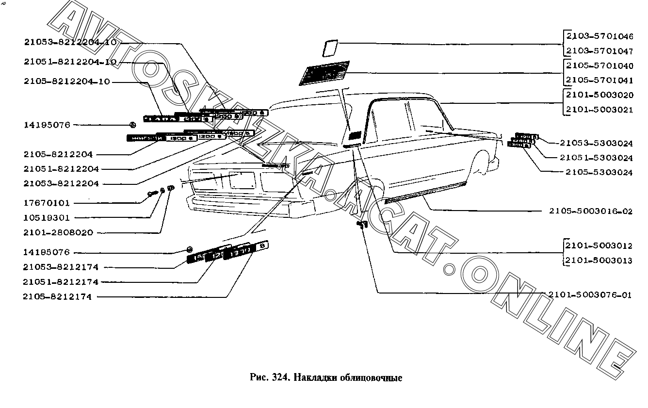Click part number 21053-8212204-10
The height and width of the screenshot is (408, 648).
(x=70, y=42)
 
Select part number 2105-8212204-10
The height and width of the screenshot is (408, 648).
(x=66, y=82)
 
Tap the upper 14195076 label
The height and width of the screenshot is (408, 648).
(x=47, y=125)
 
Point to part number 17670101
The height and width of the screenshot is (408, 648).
(x=47, y=203)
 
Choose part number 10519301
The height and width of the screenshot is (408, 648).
(x=47, y=218)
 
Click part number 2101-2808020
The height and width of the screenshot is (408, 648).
(x=57, y=233)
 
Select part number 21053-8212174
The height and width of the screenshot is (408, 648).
(x=60, y=267)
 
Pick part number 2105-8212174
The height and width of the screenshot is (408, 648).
(x=57, y=297)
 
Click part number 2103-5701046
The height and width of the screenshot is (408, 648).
(x=599, y=36)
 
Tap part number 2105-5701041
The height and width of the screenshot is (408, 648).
(x=599, y=81)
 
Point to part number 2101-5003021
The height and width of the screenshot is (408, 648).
(x=599, y=110)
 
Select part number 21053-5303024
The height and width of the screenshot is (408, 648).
(x=596, y=144)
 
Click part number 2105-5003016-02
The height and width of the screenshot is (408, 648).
(x=591, y=212)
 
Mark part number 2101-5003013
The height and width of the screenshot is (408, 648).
(x=599, y=261)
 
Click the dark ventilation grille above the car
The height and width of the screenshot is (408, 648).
(x=325, y=72)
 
